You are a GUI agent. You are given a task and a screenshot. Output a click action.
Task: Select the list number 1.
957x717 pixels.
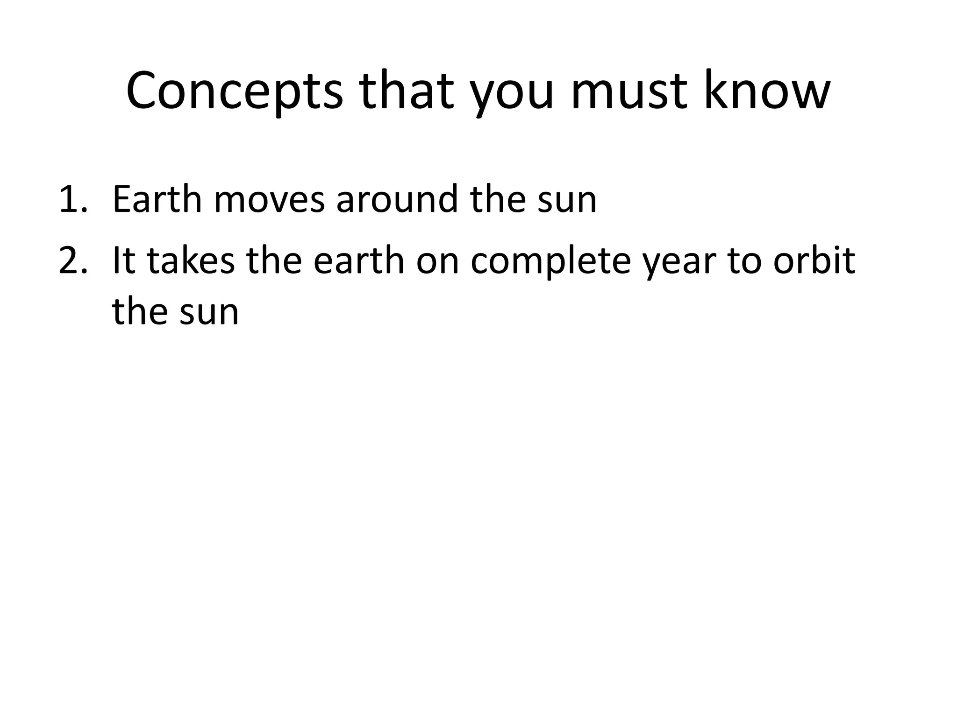coord(73,200)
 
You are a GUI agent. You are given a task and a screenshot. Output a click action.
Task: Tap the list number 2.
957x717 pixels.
coord(73,261)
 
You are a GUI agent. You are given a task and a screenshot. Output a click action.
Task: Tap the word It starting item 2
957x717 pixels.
coord(123,261)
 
